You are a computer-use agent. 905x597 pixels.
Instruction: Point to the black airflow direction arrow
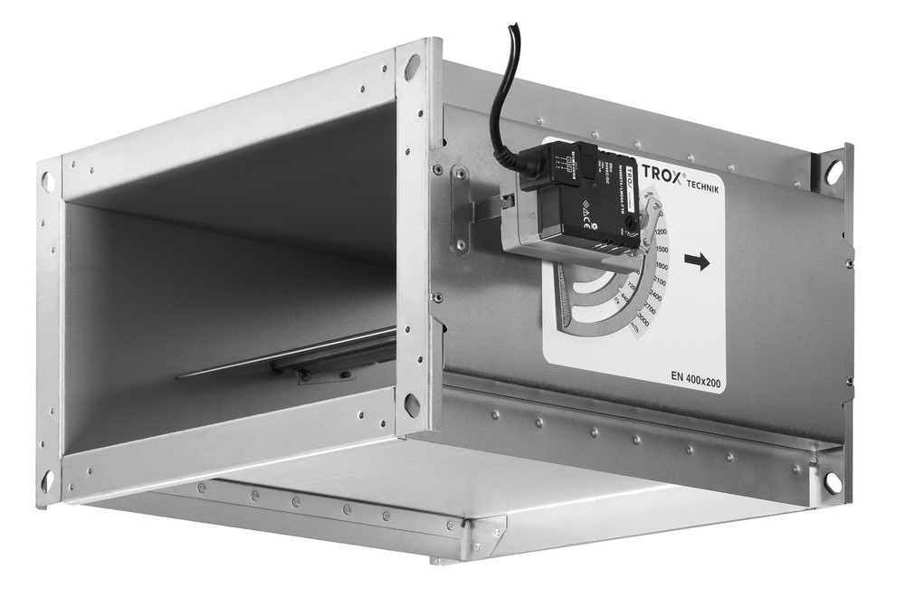pyautogui.click(x=697, y=261)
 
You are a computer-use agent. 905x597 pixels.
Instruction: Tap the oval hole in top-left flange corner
pyautogui.click(x=48, y=182)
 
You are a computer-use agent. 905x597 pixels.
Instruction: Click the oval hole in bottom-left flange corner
pyautogui.click(x=47, y=480)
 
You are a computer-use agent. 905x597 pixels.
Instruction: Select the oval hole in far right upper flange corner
pyautogui.click(x=834, y=172)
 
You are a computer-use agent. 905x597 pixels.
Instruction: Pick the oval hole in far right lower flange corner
pyautogui.click(x=832, y=483)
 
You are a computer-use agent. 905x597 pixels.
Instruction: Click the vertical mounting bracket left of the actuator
pyautogui.click(x=461, y=210)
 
